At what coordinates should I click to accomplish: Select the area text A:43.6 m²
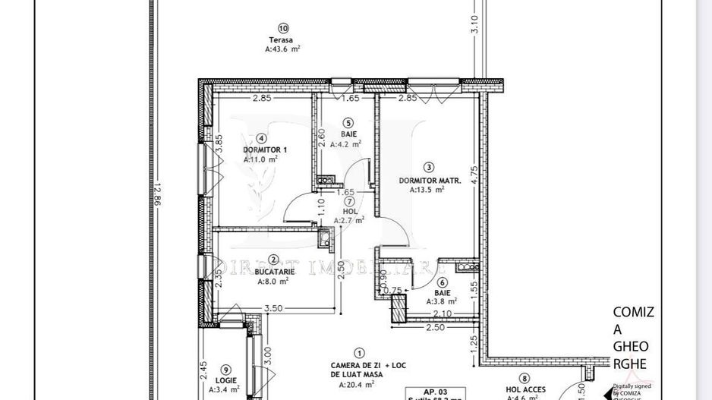(x=282, y=49)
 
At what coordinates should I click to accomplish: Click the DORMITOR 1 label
(x=260, y=150)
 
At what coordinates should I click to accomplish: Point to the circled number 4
(x=260, y=139)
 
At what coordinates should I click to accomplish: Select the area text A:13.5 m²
(x=427, y=191)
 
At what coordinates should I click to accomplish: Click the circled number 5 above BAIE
(x=348, y=122)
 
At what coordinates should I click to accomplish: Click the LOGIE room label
(x=225, y=380)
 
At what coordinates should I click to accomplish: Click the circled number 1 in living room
(x=359, y=353)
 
